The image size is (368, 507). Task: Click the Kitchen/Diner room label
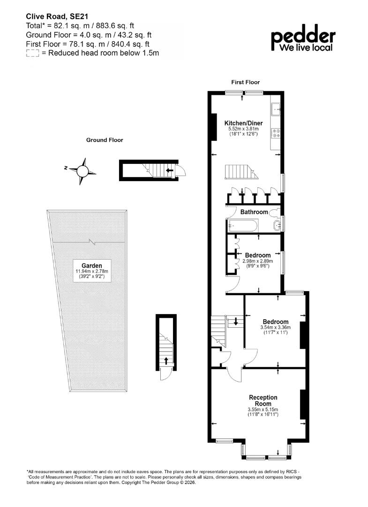tap(243, 123)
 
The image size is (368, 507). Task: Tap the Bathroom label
tap(254, 212)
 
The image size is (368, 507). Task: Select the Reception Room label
tap(263, 400)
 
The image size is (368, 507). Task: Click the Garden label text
tap(92, 266)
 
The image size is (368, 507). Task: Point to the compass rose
tap(83, 170)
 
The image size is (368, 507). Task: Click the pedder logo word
tap(303, 37)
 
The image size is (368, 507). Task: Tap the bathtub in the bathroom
tap(243, 225)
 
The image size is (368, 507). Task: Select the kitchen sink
tap(276, 109)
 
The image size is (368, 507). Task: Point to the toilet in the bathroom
tap(275, 213)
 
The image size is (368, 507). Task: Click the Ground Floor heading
tap(105, 140)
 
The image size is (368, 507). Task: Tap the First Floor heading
tap(245, 82)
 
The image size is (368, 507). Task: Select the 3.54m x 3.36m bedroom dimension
tap(275, 327)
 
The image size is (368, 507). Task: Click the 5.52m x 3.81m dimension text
tap(243, 129)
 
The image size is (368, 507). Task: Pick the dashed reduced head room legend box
tap(32, 54)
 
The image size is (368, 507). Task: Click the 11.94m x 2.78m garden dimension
tap(92, 271)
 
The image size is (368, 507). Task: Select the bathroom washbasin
tap(277, 225)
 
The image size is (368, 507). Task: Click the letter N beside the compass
tap(66, 168)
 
